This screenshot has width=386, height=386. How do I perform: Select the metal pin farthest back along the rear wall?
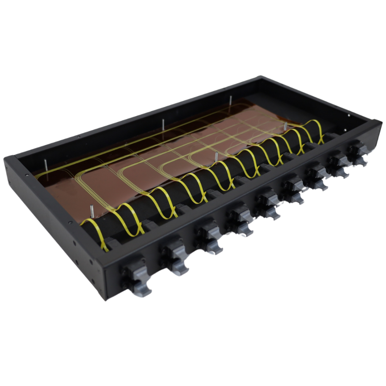tap(230, 101)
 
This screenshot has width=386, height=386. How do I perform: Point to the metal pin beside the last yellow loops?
tap(285, 128)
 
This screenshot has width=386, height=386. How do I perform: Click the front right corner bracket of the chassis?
tap(376, 127)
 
